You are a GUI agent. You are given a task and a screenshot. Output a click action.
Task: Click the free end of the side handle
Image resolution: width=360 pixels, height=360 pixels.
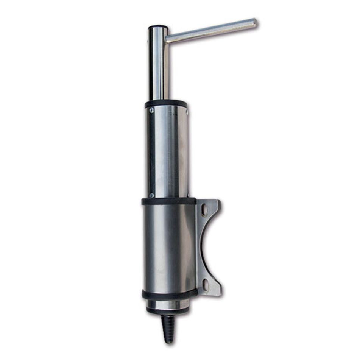pos(254,23)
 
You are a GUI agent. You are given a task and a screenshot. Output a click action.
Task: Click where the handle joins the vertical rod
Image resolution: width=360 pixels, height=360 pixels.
pos(167,38)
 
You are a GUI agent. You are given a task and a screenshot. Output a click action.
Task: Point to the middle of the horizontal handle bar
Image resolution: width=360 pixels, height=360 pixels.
pos(211,31)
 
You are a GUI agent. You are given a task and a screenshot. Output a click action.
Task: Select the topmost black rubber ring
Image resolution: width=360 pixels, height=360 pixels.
pos(166,104)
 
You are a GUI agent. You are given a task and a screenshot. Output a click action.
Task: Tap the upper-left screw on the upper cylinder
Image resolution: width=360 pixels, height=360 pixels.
pos(151,110)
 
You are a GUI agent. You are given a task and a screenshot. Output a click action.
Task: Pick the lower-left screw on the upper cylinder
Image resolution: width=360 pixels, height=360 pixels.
pos(151,195)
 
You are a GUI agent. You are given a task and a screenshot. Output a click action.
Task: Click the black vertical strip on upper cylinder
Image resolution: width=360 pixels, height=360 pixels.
pos(151,151)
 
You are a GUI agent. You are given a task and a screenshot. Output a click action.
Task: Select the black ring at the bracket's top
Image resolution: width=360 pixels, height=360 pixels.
pos(169,201)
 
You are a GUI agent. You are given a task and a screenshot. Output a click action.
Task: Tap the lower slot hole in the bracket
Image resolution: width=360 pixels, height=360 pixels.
pos(205,284)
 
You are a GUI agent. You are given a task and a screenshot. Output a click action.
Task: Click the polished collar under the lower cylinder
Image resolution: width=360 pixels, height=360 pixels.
pos(168,304)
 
